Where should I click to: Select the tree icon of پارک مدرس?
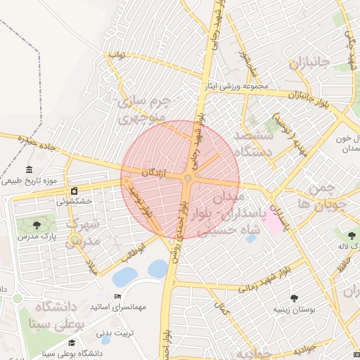(x=37, y=225)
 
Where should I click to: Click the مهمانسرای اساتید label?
(x=117, y=307)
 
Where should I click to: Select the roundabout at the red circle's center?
(x=188, y=180)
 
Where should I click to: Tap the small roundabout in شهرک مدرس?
(x=75, y=242)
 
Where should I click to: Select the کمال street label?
(x=224, y=309)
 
